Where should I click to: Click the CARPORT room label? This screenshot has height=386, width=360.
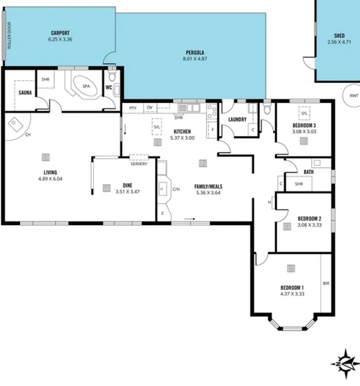(x=59, y=33)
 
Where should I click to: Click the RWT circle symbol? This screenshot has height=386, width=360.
(x=353, y=95)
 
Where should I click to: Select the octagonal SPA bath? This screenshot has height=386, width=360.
(x=85, y=88)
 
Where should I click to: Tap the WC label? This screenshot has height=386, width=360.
(x=108, y=88)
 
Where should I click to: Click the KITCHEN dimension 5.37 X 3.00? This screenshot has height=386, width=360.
(x=182, y=137)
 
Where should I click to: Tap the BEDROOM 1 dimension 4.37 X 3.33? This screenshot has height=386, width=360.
(x=292, y=293)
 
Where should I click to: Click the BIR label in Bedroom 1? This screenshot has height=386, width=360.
(x=325, y=284)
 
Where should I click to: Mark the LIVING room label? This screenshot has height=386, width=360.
(x=49, y=172)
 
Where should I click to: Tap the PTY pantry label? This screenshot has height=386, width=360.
(x=132, y=108)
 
